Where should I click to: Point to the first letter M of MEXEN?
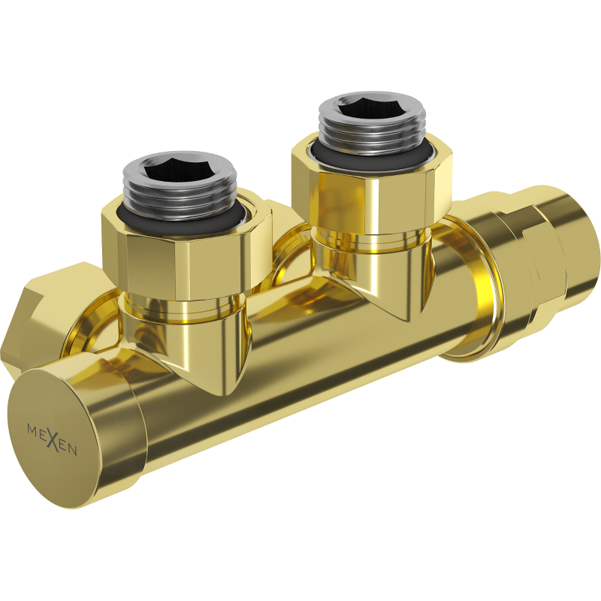tap(32, 427)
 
